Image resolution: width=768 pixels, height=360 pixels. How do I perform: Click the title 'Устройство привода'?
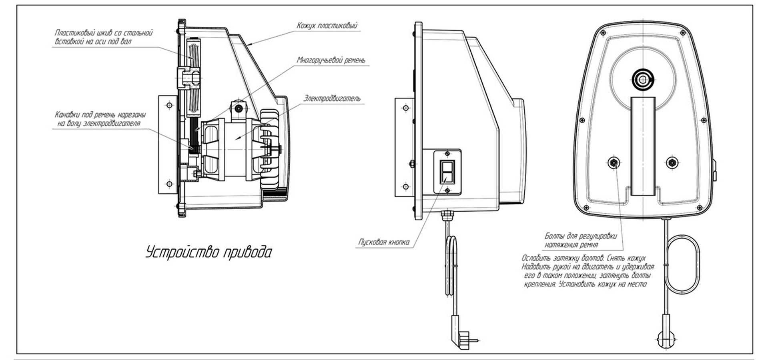[209, 253]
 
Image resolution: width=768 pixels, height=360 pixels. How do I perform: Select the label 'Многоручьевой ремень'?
[331, 60]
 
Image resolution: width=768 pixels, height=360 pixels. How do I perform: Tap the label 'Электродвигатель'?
[332, 98]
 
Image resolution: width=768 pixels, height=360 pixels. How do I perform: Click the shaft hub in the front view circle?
[643, 80]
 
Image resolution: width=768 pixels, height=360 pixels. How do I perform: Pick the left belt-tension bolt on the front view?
[613, 162]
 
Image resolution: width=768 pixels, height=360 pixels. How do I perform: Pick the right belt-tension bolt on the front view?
[672, 162]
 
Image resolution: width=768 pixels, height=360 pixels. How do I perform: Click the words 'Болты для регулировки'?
[580, 236]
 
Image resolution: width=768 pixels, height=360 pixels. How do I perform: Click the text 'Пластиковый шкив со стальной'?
[104, 33]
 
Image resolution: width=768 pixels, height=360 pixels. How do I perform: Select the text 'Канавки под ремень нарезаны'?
[100, 115]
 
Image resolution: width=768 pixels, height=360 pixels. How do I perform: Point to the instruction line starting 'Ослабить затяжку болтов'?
[583, 258]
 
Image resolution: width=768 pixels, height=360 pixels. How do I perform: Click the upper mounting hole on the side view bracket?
[406, 108]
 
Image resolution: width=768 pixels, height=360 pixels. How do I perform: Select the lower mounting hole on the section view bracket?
[169, 184]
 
